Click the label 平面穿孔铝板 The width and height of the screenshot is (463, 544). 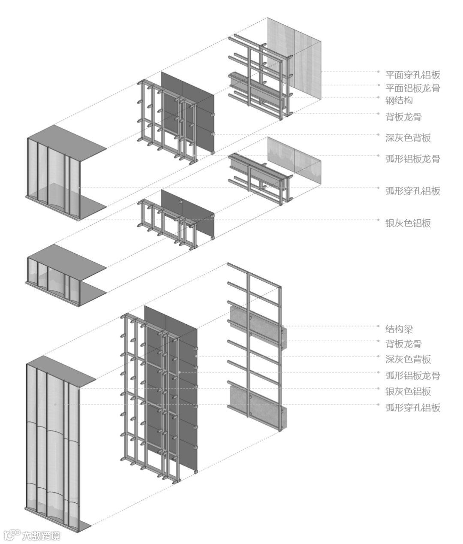click(x=412, y=75)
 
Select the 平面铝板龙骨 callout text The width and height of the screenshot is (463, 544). click(x=412, y=88)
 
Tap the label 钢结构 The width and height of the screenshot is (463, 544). click(x=399, y=100)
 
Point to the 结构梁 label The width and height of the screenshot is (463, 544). click(x=399, y=329)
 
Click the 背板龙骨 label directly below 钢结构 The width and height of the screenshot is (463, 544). click(x=403, y=116)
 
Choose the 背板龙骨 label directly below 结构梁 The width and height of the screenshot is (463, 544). click(x=403, y=344)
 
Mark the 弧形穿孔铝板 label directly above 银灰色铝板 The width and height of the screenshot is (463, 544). click(x=412, y=190)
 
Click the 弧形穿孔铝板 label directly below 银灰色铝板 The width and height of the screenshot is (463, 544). click(x=412, y=407)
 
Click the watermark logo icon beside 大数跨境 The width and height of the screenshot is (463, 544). click(x=12, y=535)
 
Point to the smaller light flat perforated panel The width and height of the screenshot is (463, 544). click(x=294, y=161)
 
